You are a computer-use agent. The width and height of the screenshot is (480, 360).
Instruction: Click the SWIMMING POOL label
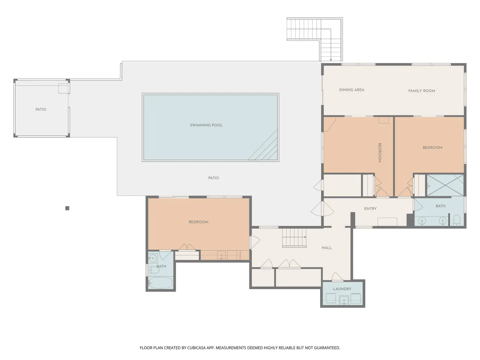206,125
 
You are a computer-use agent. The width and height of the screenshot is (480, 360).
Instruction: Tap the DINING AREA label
352,90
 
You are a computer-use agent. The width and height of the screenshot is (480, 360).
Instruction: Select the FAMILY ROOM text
422,91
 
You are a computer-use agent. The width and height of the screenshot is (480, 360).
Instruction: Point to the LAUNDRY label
342,289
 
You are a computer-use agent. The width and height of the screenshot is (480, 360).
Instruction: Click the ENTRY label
370,209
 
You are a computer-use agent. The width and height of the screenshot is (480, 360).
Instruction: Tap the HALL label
327,248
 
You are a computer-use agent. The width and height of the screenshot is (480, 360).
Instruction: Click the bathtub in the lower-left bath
161,283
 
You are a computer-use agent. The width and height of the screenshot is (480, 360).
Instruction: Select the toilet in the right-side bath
457,220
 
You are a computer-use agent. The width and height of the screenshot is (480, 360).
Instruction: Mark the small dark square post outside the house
67,208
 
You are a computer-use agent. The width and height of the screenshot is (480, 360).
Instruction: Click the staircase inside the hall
294,238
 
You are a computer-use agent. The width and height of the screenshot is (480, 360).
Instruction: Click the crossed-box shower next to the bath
445,185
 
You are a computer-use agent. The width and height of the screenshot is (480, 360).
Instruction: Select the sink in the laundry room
344,300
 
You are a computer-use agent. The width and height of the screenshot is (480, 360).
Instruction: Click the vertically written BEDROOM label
380,153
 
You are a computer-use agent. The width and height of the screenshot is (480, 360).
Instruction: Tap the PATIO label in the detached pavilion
41,110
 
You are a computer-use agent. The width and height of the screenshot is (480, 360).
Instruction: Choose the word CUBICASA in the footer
196,348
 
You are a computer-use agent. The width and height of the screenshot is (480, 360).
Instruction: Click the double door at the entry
322,209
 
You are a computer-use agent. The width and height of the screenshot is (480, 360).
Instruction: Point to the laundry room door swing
337,277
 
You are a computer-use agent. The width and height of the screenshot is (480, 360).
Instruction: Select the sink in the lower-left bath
153,258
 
